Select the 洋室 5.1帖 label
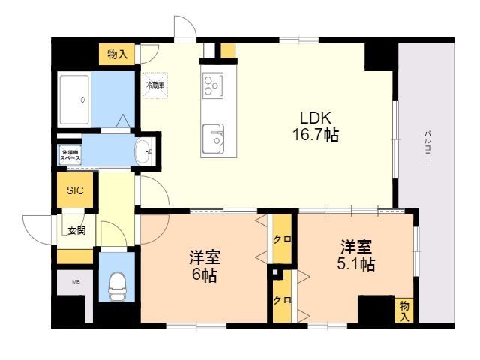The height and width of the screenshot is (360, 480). pos(358,255)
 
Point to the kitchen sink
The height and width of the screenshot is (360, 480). pos(214,137)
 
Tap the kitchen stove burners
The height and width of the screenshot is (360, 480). pos(213,85)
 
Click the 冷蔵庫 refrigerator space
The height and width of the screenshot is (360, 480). pos(156,85)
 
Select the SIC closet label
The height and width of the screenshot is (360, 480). pos(75,190)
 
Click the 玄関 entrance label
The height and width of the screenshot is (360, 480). pos(76,230)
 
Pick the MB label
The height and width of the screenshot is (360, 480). pos(75,282)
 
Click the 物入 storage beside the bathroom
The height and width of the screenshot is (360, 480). pos(117,54)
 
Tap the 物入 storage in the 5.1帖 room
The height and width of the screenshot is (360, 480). pos(404,310)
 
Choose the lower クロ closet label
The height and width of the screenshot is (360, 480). pos(282,299)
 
